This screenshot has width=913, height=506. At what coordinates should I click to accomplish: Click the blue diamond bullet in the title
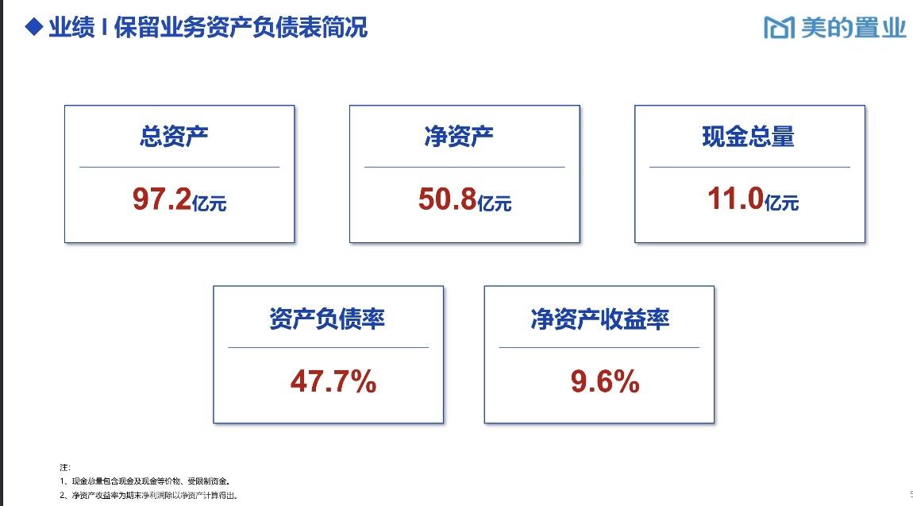pos(34,27)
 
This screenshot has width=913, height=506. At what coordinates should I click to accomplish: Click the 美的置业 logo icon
pos(779,27)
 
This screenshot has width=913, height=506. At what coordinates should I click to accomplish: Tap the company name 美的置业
pos(853,27)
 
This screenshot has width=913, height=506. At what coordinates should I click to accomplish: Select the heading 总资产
pos(174,137)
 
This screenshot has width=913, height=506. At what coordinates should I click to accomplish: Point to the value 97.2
pos(162,199)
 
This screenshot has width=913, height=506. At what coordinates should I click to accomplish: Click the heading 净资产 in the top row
pos(459,137)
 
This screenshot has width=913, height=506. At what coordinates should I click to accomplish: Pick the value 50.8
pos(447,199)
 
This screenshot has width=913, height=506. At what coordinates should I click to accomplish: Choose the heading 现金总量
pos(748,137)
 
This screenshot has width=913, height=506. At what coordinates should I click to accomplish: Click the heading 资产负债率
pos(326,319)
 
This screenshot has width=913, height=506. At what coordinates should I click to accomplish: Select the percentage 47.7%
pos(333,381)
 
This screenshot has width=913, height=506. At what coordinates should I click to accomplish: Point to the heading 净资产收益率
pos(599,319)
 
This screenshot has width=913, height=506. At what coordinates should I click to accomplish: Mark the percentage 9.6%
pos(605,381)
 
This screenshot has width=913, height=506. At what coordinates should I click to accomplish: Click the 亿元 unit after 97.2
pos(209,203)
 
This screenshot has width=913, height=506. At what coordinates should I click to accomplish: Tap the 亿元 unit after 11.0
pos(781,203)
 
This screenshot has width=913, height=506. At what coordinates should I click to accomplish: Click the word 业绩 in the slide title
pos(71,27)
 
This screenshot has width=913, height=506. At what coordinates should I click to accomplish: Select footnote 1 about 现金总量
pos(144,481)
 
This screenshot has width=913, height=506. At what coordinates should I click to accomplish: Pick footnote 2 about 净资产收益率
pos(148,496)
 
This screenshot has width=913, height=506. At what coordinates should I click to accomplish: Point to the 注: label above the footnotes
pos(64,467)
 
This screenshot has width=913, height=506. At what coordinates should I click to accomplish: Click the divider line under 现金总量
pos(749,167)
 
